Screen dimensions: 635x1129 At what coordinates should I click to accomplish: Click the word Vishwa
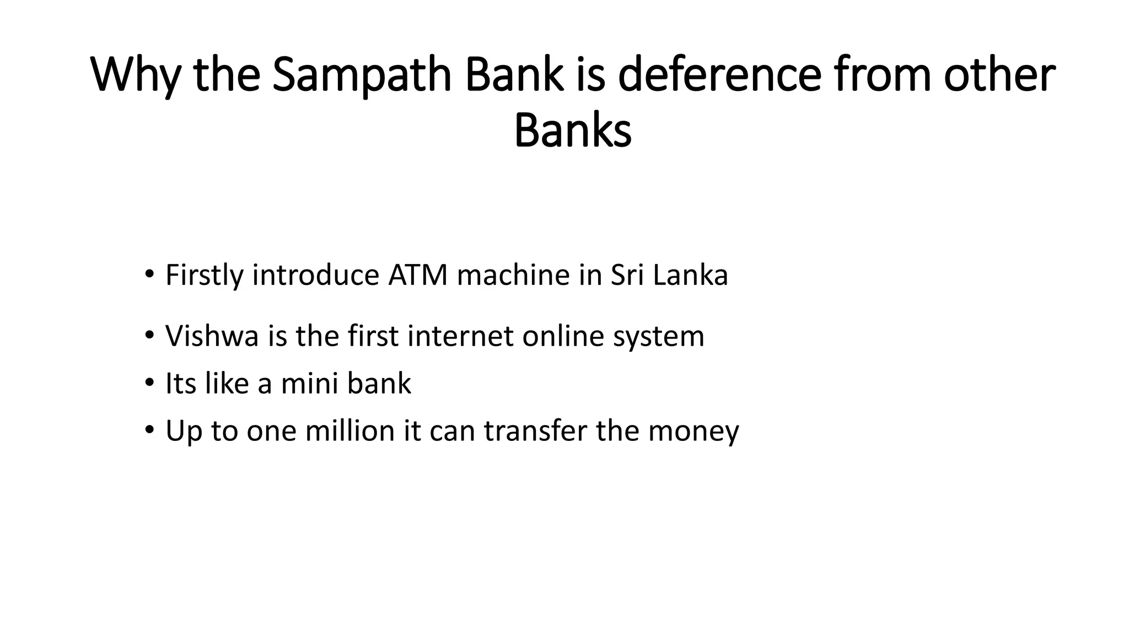212,336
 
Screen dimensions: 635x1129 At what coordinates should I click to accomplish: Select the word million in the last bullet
350,430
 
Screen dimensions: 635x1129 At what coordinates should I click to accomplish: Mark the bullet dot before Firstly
149,274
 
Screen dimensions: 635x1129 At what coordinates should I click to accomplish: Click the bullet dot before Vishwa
149,335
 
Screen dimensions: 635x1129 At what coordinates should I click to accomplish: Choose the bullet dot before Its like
149,383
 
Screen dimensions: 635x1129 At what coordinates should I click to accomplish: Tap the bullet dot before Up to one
149,430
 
